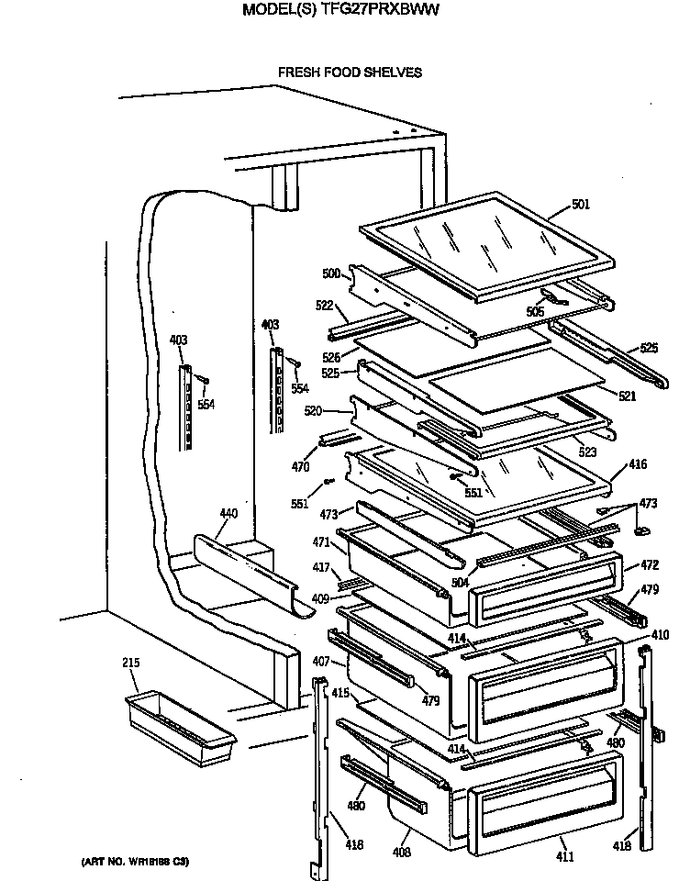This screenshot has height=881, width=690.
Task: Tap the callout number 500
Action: [330, 273]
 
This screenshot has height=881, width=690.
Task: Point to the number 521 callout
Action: [627, 396]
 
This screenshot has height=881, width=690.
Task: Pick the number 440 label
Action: [228, 513]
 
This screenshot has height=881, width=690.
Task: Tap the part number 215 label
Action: [130, 663]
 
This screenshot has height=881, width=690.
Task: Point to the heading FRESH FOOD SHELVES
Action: [350, 72]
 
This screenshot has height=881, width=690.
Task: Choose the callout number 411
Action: [565, 856]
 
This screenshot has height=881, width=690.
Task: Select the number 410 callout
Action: [659, 635]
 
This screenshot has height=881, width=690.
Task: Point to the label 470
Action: [300, 466]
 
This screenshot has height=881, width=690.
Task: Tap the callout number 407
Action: [320, 662]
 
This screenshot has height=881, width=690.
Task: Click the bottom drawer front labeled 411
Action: [541, 797]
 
